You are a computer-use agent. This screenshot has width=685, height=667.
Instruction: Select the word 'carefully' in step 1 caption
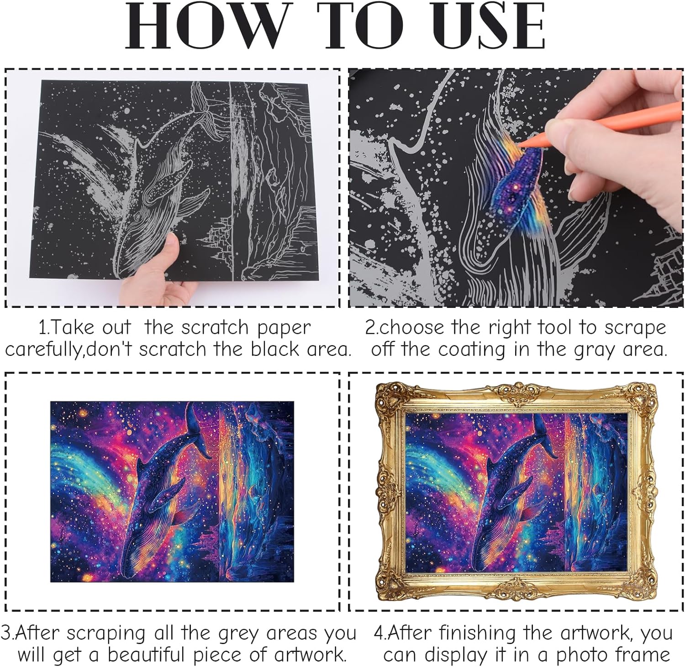pyautogui.click(x=44, y=350)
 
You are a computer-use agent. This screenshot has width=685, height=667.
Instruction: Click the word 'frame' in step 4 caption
pyautogui.click(x=644, y=654)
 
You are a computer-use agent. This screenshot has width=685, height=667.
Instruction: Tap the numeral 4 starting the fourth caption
pyautogui.click(x=379, y=633)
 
